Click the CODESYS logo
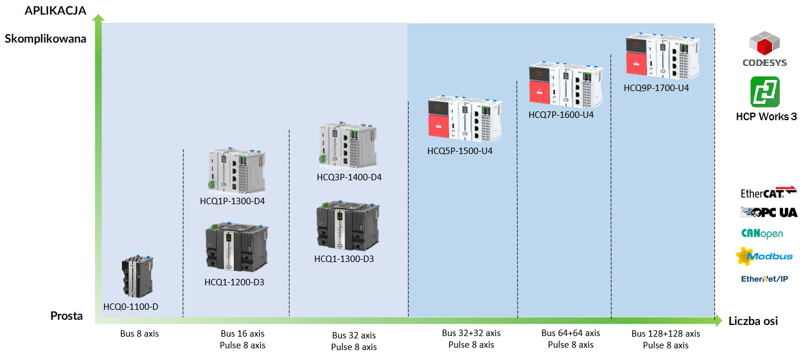click(764, 49)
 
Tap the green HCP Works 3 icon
click(765, 92)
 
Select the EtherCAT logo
click(767, 193)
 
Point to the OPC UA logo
click(768, 212)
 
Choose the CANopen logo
click(762, 233)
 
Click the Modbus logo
click(764, 256)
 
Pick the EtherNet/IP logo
click(765, 279)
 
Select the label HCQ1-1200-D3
click(234, 282)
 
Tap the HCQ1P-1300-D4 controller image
click(238, 170)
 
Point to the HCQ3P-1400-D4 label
click(349, 177)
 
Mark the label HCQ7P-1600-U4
click(561, 115)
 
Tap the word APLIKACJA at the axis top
click(55, 11)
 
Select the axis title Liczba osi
click(753, 321)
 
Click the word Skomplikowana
click(46, 39)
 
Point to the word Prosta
click(67, 316)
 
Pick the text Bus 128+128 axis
click(665, 334)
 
